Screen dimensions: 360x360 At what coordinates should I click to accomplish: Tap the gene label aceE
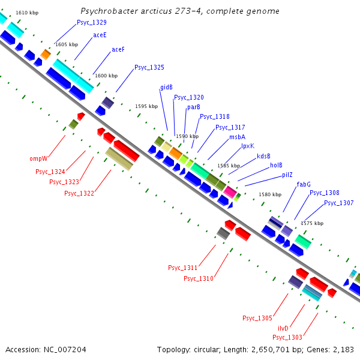(100, 35)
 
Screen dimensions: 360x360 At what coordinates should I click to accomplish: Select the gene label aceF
(118, 50)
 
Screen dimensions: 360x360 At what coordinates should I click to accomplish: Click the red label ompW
(38, 159)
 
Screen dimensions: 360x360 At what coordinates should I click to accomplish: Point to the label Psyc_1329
(92, 22)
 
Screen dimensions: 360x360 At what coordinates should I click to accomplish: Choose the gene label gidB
(166, 88)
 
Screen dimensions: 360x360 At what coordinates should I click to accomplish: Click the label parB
(193, 107)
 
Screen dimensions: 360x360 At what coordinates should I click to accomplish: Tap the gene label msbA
(237, 137)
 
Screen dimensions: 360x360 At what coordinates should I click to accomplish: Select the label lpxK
(248, 146)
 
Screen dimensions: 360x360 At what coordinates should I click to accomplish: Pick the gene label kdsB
(263, 156)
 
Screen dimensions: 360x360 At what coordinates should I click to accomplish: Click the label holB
(276, 166)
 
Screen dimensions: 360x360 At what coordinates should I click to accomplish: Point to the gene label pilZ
(287, 175)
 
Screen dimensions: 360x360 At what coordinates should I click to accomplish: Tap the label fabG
(304, 184)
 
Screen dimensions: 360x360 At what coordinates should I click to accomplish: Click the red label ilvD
(283, 328)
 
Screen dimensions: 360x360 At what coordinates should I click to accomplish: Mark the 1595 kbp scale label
(146, 106)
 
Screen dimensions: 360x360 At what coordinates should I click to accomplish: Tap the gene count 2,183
(341, 349)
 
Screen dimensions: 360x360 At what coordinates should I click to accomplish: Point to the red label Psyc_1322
(79, 193)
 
